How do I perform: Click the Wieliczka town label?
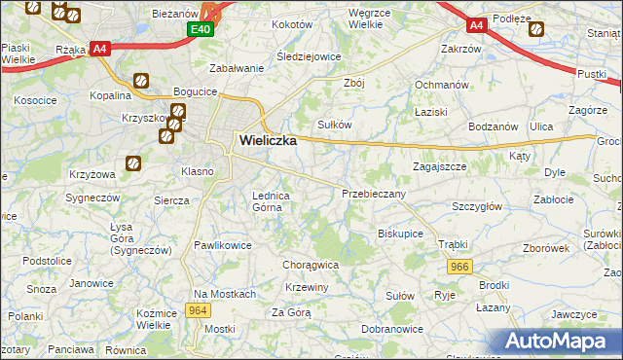click(268, 140)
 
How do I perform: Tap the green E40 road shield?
click(201, 30)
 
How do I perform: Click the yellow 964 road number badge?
click(199, 310)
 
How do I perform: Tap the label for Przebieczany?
click(374, 194)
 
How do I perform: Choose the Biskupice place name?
click(400, 234)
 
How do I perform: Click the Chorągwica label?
click(310, 264)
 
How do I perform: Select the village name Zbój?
click(353, 83)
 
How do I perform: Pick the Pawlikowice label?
click(223, 245)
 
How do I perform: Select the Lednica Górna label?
click(272, 200)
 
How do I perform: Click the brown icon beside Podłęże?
click(534, 28)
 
